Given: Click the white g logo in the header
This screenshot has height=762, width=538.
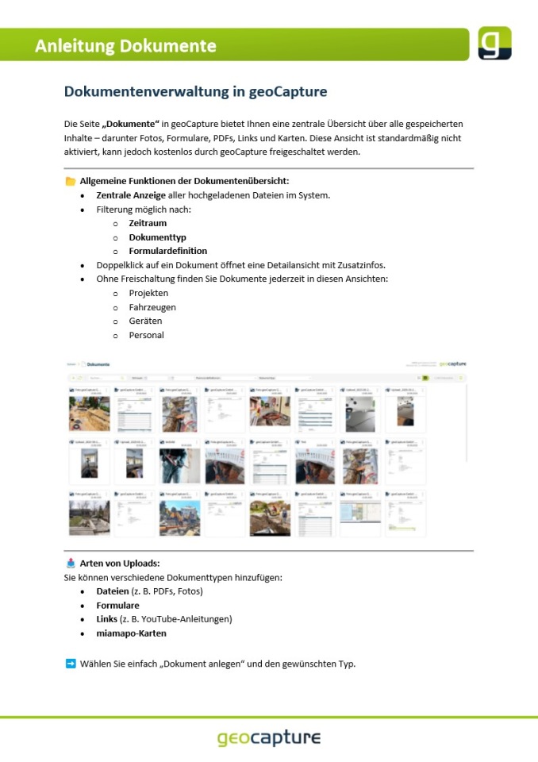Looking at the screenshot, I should [494, 43].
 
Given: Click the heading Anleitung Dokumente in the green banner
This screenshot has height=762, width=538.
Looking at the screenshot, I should [125, 45].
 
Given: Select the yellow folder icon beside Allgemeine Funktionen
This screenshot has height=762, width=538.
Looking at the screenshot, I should [71, 181].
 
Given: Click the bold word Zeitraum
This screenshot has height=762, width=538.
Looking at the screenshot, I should [148, 223].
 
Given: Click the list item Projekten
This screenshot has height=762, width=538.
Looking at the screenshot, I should [148, 293].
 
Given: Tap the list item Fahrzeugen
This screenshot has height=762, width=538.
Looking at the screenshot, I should [152, 307].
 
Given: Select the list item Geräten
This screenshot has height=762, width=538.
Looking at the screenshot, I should [145, 321].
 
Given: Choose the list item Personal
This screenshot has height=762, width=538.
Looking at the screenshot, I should [146, 335].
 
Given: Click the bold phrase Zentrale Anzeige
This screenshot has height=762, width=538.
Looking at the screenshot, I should [131, 195].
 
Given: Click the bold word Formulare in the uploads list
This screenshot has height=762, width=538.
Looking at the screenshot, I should [117, 606].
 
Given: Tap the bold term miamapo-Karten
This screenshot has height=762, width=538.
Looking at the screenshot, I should [130, 633].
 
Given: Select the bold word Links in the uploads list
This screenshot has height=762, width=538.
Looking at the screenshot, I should [107, 619].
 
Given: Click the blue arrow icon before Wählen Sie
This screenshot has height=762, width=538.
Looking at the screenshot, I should [71, 663].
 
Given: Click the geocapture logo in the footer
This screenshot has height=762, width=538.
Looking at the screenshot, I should [269, 738].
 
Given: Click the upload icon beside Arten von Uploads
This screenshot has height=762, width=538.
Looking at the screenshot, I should [71, 564].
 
